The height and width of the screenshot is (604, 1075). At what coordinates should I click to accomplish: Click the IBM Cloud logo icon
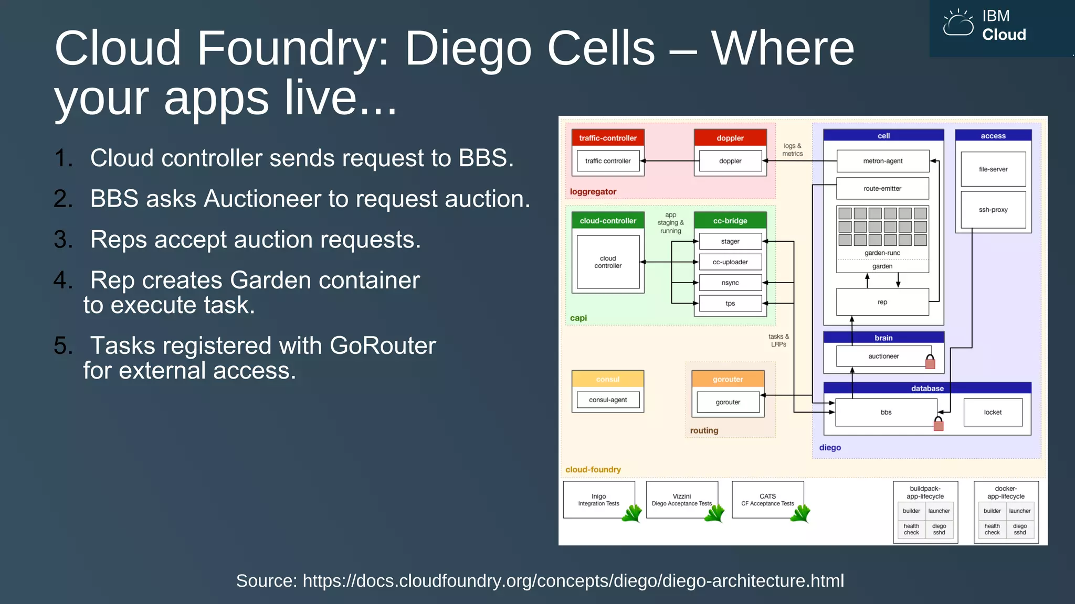[x=958, y=24]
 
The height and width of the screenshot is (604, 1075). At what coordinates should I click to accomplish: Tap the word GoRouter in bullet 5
[x=383, y=346]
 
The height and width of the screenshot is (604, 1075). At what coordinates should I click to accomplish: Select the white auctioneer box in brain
[x=883, y=357]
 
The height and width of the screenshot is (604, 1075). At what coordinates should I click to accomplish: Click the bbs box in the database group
[x=886, y=413]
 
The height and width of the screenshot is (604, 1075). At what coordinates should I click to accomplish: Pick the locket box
[x=993, y=413]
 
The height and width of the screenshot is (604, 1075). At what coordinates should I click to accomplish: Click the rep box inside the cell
[x=882, y=303]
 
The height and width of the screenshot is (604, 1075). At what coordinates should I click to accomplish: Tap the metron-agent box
[x=882, y=161]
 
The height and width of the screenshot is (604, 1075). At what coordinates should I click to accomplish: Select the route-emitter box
[x=882, y=189]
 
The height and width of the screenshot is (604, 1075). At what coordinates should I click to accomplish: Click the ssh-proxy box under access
[x=993, y=210]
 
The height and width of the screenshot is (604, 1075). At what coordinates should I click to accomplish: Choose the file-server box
[x=993, y=169]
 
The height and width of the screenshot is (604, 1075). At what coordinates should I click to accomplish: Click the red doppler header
[x=730, y=138]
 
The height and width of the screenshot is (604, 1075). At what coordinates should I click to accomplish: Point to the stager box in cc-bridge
[x=730, y=242]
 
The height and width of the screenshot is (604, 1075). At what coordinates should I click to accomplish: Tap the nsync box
[x=730, y=283]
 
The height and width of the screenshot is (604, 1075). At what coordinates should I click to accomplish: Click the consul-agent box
[x=608, y=400]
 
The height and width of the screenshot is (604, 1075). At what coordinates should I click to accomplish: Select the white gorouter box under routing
[x=728, y=403]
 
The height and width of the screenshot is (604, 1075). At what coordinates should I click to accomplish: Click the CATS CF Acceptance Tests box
[x=767, y=500]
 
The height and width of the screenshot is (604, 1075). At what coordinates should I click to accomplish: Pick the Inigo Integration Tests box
[x=598, y=500]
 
